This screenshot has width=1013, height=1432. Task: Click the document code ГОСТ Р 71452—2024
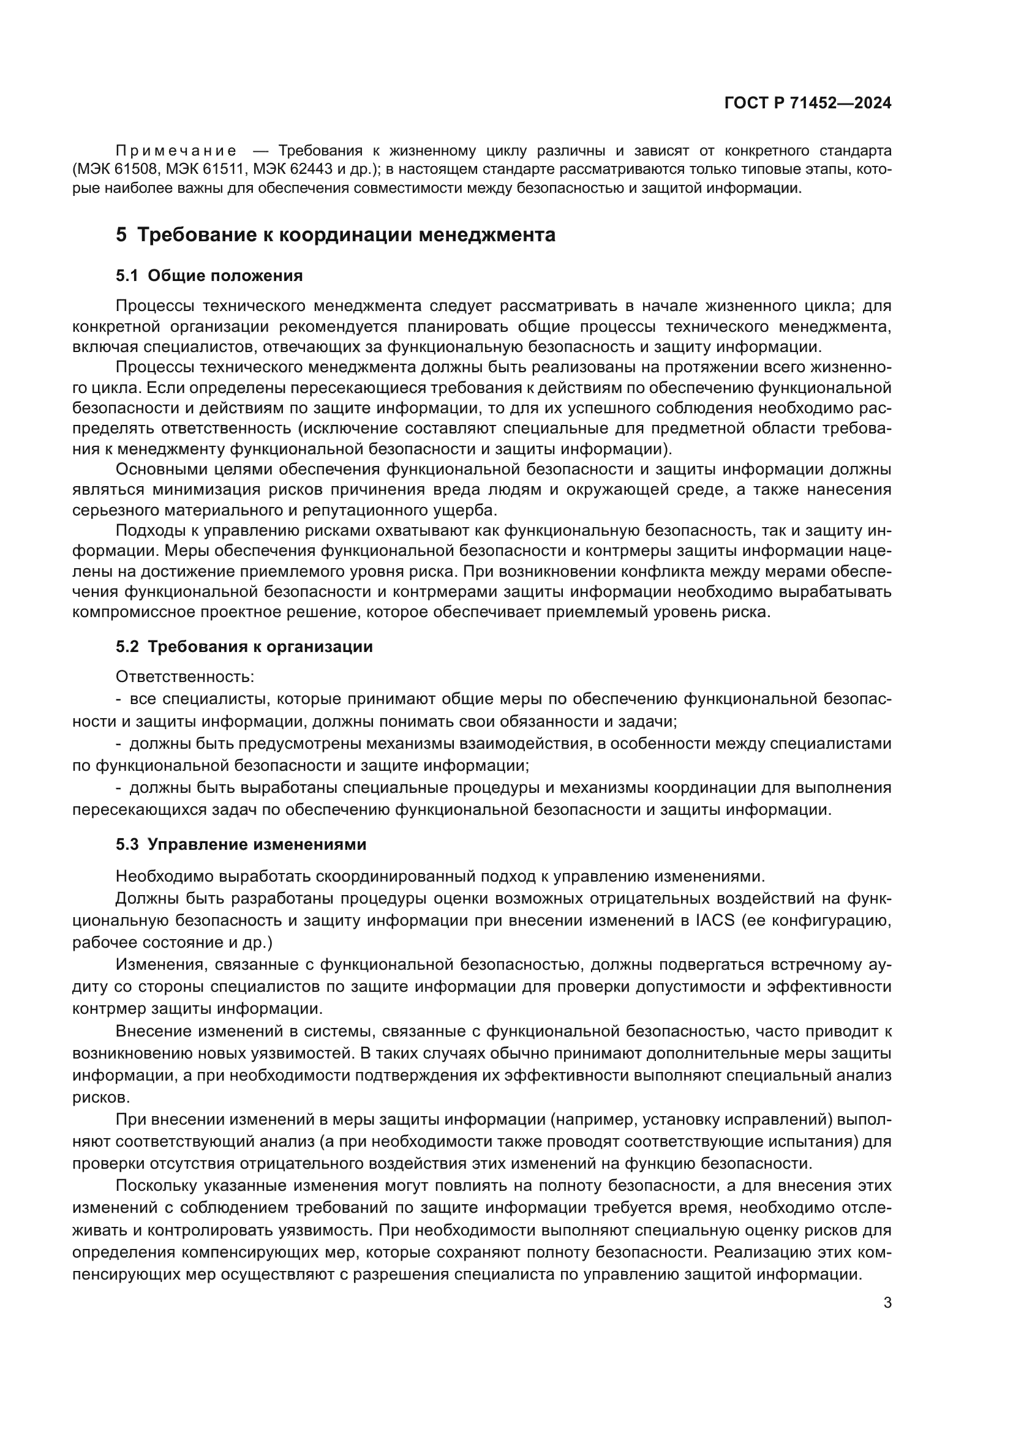pos(808,103)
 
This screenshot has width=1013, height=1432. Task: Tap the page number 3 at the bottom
pos(887,1302)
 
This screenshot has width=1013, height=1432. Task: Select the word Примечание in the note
pos(176,151)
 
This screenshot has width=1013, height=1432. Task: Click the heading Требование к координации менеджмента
pos(345,235)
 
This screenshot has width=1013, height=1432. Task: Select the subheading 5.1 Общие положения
pos(209,276)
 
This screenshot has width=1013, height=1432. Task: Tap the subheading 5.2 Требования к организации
pos(244,647)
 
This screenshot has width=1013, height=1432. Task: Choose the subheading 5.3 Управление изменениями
pos(241,844)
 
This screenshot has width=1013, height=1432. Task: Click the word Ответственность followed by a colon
pos(184,677)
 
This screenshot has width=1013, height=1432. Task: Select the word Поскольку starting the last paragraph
pos(160,1186)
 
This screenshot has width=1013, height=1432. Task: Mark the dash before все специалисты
pos(119,699)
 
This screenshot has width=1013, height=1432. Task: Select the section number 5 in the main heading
pos(121,235)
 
